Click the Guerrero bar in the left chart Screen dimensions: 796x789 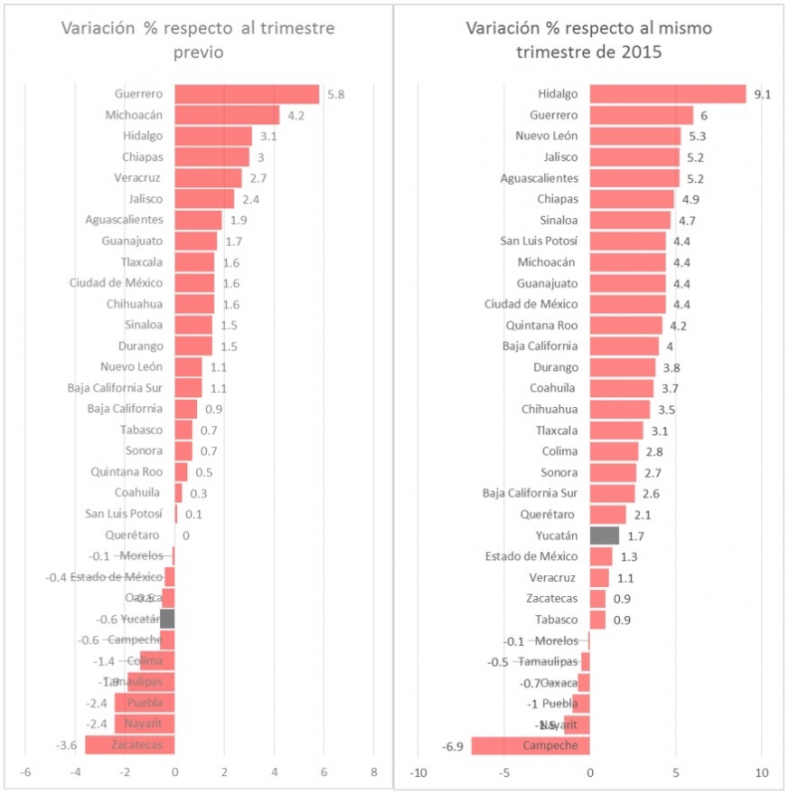click(247, 95)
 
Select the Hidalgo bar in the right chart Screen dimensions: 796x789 click(668, 94)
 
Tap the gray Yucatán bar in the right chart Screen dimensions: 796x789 click(604, 535)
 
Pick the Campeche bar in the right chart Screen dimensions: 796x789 click(530, 745)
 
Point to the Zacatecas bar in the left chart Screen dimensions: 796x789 click(129, 744)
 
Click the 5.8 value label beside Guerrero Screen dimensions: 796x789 click(335, 95)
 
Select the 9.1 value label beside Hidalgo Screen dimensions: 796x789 click(763, 94)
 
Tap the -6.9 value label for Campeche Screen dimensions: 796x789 click(454, 745)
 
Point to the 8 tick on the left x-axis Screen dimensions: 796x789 click(374, 771)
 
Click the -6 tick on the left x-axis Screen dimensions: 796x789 click(26, 771)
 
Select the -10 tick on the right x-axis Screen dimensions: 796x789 click(419, 772)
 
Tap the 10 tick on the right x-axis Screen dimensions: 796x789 click(762, 772)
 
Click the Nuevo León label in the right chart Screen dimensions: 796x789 click(546, 136)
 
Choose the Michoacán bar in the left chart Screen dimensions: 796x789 click(227, 115)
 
